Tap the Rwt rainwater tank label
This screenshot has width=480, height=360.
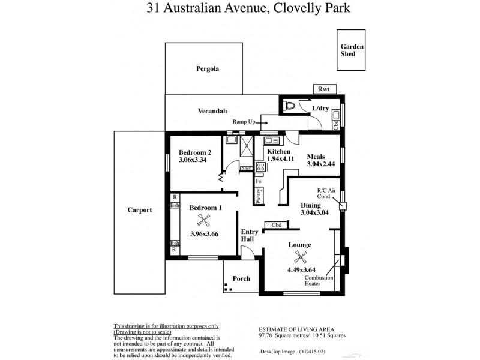[325, 89]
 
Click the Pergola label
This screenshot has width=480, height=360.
[208, 68]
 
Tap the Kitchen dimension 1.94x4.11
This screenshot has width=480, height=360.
[280, 160]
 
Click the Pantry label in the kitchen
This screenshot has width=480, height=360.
[258, 196]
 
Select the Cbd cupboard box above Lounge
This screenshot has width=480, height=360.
[277, 226]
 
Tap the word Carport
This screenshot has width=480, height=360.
[139, 210]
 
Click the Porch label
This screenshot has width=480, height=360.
[241, 278]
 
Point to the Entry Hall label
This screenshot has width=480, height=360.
[249, 235]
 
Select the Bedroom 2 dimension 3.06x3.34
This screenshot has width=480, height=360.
[193, 160]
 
